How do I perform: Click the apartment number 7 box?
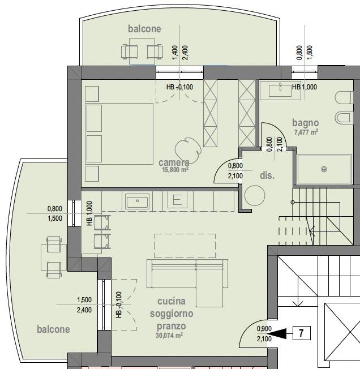tap(301, 333)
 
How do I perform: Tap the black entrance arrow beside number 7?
tap(277, 333)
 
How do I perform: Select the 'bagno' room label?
tap(306, 123)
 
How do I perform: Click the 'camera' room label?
tap(174, 162)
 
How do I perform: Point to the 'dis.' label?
tap(267, 175)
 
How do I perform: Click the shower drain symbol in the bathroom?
tap(324, 169)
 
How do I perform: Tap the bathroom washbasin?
tap(280, 91)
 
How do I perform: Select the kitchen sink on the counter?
tap(137, 201)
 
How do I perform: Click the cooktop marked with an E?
tap(177, 200)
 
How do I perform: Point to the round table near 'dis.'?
tap(255, 196)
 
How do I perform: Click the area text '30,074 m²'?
tap(169, 336)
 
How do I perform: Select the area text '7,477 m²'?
tap(306, 132)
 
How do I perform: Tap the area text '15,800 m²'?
tap(175, 169)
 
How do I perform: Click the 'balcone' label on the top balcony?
tap(144, 29)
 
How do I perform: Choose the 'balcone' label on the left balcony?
tap(53, 329)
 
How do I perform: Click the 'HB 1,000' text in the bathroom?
tap(305, 87)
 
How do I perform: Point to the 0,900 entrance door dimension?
tap(264, 328)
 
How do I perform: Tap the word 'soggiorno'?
tap(172, 314)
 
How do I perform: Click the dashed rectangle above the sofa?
tap(185, 246)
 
